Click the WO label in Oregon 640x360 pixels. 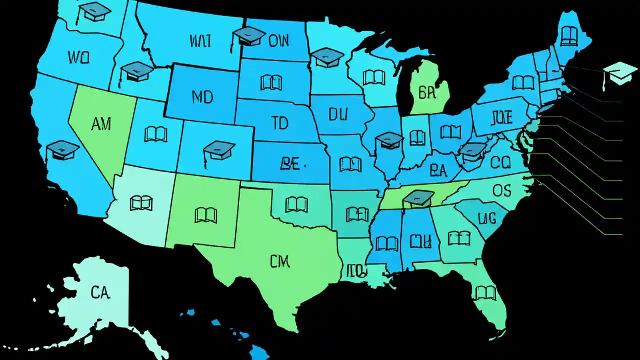[78, 57]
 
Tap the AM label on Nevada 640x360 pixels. [102, 124]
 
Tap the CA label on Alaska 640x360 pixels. [100, 293]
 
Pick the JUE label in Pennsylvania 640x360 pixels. [502, 118]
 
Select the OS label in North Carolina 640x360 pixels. [502, 190]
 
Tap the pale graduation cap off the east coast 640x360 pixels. [620, 73]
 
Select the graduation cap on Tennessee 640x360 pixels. [418, 198]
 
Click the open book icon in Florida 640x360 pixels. [485, 292]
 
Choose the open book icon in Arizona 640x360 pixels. [141, 203]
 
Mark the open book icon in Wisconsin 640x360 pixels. [374, 77]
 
